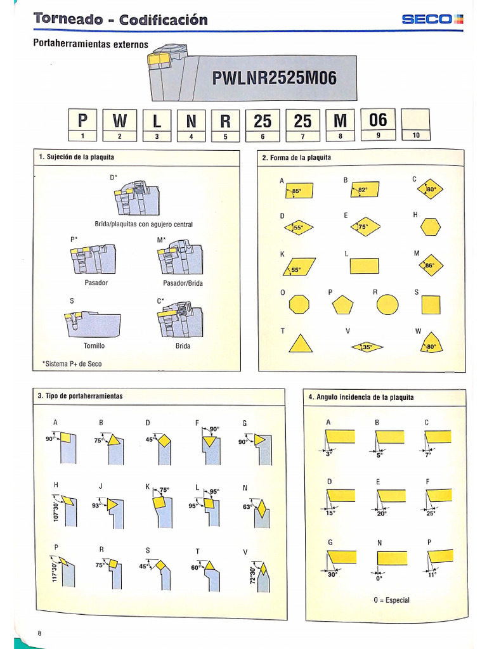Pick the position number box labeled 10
point(416,135)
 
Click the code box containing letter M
point(340,120)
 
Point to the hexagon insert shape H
point(430,227)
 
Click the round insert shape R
point(387,304)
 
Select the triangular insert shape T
point(301,344)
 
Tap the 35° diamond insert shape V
point(367,347)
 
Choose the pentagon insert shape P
point(342,305)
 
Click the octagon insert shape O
point(300,305)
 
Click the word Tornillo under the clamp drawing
point(94,346)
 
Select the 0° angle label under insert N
point(380,579)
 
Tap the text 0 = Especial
point(391,600)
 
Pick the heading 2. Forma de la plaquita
point(296,158)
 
